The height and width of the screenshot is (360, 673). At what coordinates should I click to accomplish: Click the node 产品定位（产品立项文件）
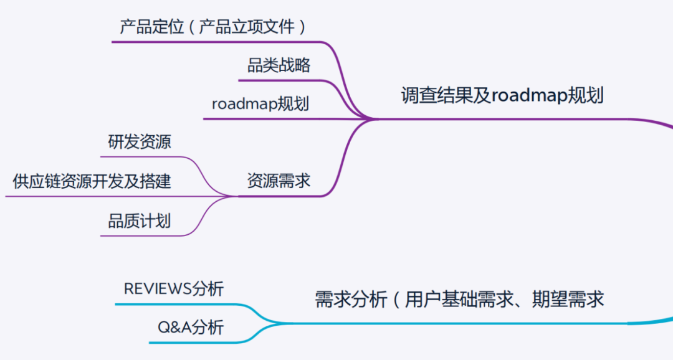tap(213, 27)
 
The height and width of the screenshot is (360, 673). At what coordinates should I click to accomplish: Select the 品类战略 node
tap(279, 65)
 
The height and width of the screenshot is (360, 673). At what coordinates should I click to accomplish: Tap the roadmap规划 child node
tap(260, 103)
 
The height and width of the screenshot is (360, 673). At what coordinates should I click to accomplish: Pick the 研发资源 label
tap(140, 142)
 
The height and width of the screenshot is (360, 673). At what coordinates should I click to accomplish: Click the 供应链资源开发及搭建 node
tap(92, 181)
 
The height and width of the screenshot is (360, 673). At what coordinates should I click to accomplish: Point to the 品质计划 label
tap(139, 220)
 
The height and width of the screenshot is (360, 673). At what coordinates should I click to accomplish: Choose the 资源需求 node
tap(279, 181)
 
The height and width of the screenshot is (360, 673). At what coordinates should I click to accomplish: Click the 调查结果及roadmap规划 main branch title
tap(502, 96)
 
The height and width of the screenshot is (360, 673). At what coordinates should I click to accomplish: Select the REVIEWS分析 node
tap(173, 288)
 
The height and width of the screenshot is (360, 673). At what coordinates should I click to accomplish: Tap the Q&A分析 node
tap(189, 328)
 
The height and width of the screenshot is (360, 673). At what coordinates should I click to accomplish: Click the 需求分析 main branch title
tap(459, 300)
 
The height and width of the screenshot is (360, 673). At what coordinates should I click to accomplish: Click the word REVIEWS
tap(158, 288)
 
